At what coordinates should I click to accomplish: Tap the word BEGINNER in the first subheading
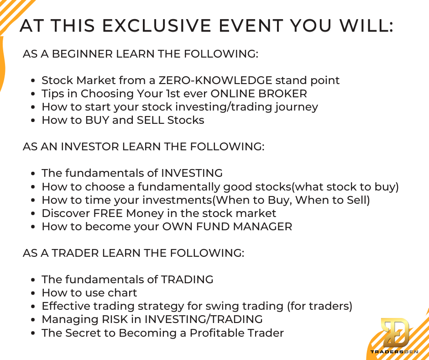click(x=82, y=54)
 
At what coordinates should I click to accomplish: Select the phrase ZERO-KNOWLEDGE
click(x=215, y=80)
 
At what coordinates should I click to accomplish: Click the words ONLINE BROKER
click(x=259, y=93)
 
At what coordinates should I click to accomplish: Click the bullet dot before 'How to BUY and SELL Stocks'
click(x=33, y=121)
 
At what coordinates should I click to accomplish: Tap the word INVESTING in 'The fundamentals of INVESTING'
click(x=192, y=173)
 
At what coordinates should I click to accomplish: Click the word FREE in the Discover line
click(x=108, y=213)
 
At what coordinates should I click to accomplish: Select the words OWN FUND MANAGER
click(x=227, y=227)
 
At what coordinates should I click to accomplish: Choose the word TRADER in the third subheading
click(x=75, y=253)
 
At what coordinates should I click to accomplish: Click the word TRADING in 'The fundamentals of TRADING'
click(x=187, y=280)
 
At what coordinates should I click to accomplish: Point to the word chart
click(x=122, y=292)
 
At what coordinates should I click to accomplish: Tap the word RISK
click(x=115, y=319)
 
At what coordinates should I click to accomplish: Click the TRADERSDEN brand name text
click(x=394, y=352)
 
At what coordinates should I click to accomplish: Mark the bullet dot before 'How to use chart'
click(x=33, y=293)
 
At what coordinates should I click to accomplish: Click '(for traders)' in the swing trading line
click(x=319, y=306)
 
